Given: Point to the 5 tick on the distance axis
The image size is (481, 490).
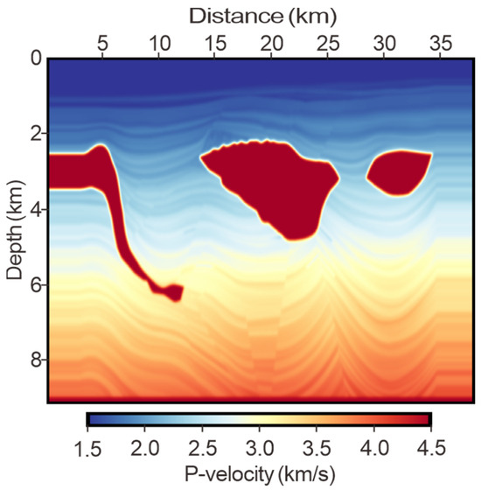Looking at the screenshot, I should click(x=102, y=41).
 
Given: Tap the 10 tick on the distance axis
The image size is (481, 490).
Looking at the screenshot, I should click(x=158, y=41).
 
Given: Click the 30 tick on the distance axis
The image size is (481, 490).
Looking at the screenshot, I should click(x=385, y=41).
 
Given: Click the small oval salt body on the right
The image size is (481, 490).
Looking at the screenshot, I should click(x=399, y=171).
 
